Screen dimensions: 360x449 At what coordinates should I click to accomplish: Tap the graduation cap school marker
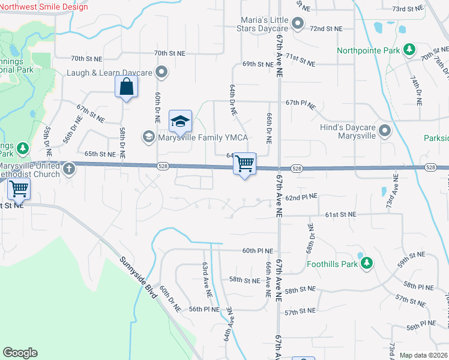point(180,121)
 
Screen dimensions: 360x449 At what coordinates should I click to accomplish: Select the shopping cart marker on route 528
point(244,163)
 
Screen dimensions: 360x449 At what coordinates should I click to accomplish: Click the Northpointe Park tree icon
point(409,50)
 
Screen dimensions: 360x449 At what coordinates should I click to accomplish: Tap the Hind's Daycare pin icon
point(385,131)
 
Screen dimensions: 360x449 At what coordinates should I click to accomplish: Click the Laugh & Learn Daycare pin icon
point(161,73)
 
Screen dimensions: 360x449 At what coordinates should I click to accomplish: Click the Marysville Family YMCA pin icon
point(148,137)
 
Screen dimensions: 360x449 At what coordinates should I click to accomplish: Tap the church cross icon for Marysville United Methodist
point(69,169)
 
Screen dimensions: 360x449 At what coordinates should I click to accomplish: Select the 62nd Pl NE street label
point(301,197)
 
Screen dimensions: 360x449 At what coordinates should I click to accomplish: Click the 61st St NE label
point(341,214)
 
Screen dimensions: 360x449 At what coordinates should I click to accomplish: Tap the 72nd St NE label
point(326,28)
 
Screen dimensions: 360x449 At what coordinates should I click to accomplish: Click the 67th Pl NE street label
point(301,103)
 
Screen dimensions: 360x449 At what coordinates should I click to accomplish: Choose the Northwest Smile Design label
point(44,7)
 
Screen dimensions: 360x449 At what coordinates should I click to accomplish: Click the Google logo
point(20,353)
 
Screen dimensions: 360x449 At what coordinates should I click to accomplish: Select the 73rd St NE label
point(408,9)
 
